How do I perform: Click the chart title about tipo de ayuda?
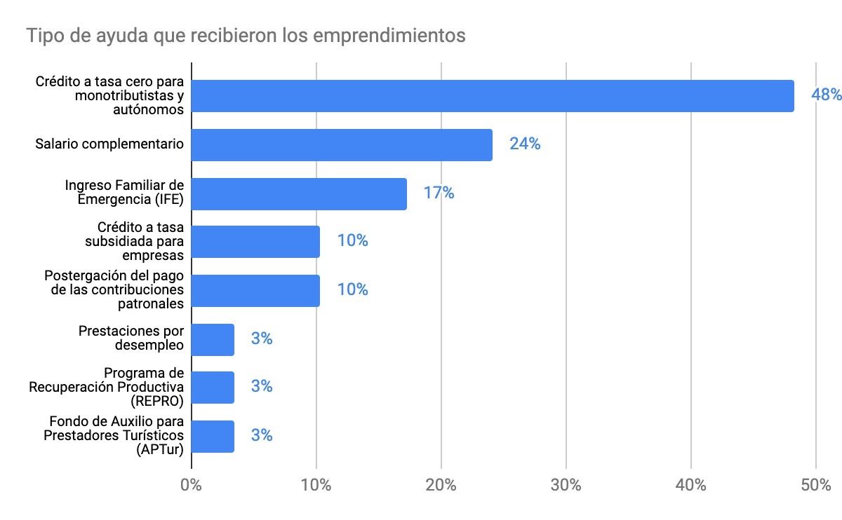click(x=246, y=35)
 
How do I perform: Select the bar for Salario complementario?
click(x=342, y=144)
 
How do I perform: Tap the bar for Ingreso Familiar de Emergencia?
click(x=299, y=193)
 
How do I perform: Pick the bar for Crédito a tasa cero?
click(x=493, y=96)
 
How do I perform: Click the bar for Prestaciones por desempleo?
click(x=213, y=339)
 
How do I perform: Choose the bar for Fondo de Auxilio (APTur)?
click(x=213, y=436)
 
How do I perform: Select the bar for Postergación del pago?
click(x=255, y=290)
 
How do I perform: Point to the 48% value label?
click(x=826, y=95)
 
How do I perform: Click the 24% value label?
click(x=525, y=144)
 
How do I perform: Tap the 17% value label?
click(x=439, y=193)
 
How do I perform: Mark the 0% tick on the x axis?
click(x=191, y=485)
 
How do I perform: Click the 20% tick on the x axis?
click(x=441, y=485)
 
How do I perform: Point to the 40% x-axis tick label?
click(x=691, y=485)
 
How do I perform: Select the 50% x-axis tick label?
click(x=816, y=485)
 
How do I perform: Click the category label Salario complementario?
click(x=109, y=144)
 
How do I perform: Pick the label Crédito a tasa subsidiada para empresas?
click(x=131, y=242)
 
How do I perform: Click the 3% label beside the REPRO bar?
click(x=262, y=387)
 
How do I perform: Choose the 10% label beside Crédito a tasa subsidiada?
click(x=352, y=241)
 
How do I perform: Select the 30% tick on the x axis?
click(x=566, y=485)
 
